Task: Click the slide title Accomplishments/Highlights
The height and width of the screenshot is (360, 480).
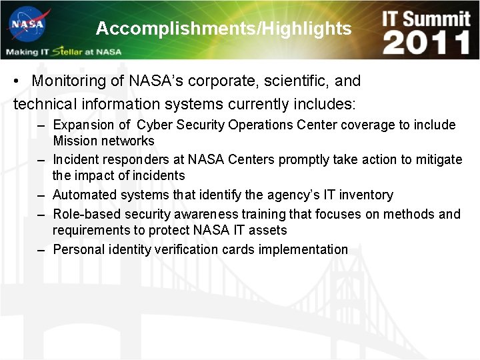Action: (223, 29)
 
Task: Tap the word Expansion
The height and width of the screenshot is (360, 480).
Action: (83, 125)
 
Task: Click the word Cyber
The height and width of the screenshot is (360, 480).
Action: (154, 125)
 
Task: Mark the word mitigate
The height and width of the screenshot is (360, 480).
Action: (439, 159)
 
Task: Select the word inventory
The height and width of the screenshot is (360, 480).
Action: (366, 195)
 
